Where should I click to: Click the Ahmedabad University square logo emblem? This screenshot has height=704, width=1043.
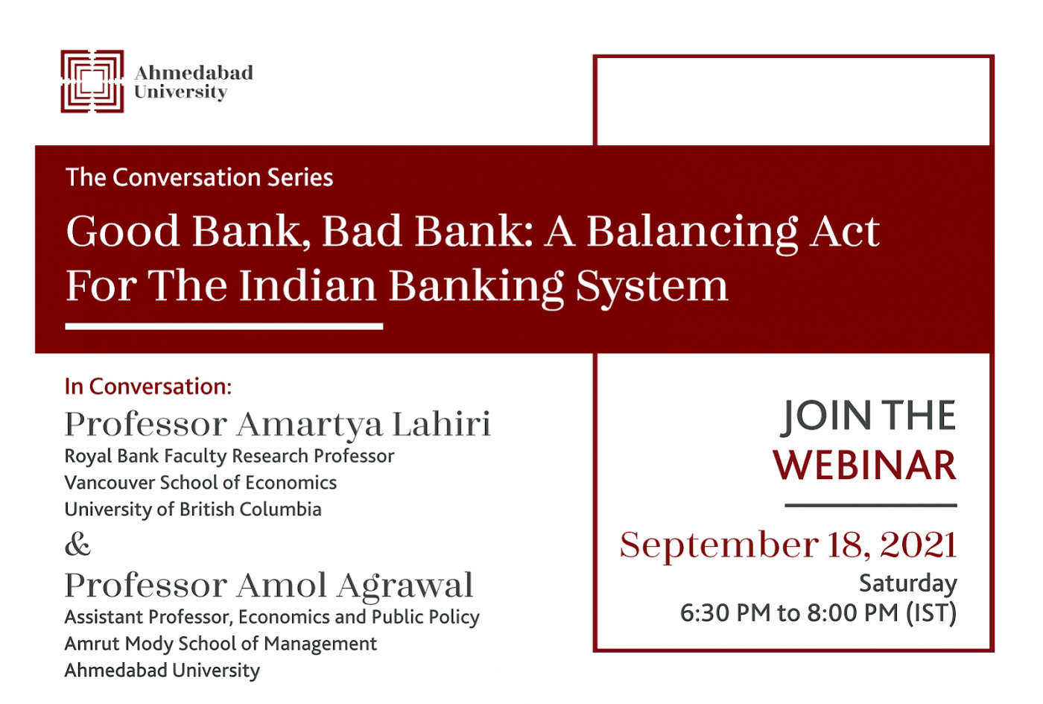coord(92,81)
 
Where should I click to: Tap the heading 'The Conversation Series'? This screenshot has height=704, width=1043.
coord(200,177)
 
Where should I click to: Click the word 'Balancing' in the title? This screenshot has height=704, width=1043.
coord(691,232)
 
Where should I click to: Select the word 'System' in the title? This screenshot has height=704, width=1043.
coord(651,287)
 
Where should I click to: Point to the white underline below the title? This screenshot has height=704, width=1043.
coord(224,326)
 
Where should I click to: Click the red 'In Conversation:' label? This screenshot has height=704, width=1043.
coord(148,387)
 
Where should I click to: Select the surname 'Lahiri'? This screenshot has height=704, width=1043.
coord(441,424)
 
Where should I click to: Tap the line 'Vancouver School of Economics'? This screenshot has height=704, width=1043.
coord(200,483)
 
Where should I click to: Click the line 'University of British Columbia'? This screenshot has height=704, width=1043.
coord(193,510)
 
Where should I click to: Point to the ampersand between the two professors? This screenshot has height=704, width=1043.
coord(77,545)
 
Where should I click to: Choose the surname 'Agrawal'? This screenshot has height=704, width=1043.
coord(405,587)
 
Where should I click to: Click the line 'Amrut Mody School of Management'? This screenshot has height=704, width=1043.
coord(221,644)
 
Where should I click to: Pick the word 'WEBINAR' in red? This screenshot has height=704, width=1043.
coord(865,465)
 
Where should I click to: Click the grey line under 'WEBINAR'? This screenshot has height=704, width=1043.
coord(871,505)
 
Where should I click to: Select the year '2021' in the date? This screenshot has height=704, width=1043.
coord(918,545)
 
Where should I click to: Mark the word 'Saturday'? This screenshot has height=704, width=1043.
coord(908,583)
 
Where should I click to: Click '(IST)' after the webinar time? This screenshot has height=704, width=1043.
coord(931,612)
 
